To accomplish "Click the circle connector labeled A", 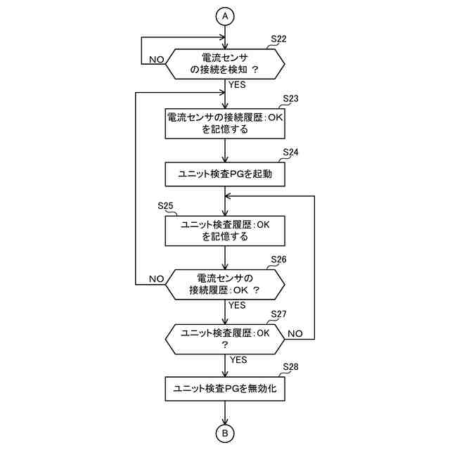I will click(225, 15).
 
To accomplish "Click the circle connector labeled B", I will click(225, 434).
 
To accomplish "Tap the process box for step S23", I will click(225, 123).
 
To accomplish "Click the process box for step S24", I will click(225, 174).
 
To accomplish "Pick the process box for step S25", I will click(225, 231).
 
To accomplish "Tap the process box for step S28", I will click(225, 388).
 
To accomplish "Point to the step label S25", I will click(167, 205).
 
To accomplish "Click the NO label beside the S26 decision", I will click(156, 279).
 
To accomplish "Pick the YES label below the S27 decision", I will click(238, 359).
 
